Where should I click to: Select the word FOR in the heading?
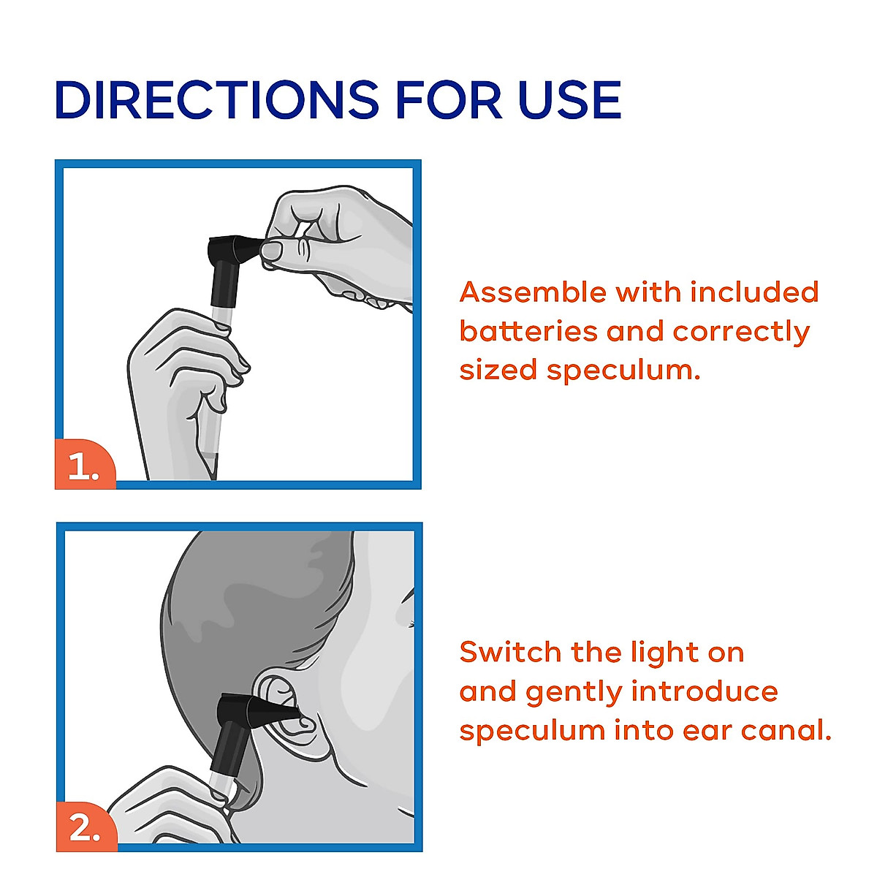(x=449, y=99)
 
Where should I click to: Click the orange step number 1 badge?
(x=85, y=464)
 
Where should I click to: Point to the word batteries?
(x=528, y=331)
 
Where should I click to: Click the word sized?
(x=498, y=370)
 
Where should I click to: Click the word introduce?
(x=705, y=691)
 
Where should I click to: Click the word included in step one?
(x=754, y=292)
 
